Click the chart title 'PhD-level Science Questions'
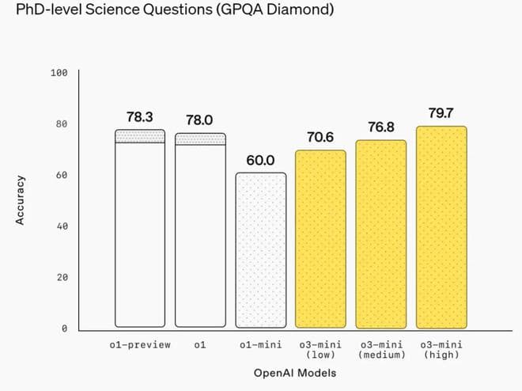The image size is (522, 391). [167, 12]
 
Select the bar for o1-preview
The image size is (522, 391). [140, 230]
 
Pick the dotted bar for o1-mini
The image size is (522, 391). [260, 250]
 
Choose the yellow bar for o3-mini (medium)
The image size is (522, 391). [380, 234]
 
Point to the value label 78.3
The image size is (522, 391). [140, 117]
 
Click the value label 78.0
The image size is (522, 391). [200, 120]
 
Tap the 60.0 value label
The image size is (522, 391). [260, 161]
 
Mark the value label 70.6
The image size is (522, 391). [320, 137]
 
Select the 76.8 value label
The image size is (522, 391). [380, 127]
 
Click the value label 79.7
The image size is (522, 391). [441, 113]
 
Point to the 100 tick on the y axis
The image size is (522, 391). [59, 73]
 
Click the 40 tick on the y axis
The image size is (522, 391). [62, 226]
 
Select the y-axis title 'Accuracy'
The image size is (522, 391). [21, 200]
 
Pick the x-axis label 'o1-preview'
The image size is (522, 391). [140, 345]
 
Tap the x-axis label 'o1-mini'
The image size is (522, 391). [260, 345]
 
